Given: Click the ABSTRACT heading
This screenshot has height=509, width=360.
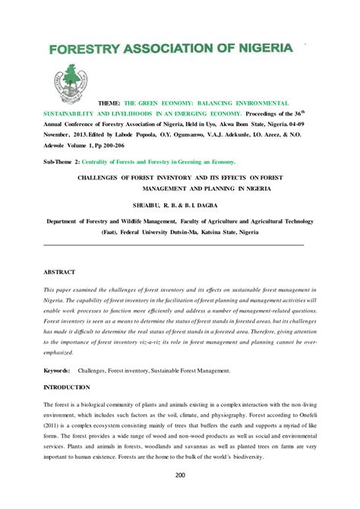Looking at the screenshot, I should (x=60, y=270).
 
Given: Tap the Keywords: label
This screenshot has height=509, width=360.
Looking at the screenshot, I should (x=58, y=371).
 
